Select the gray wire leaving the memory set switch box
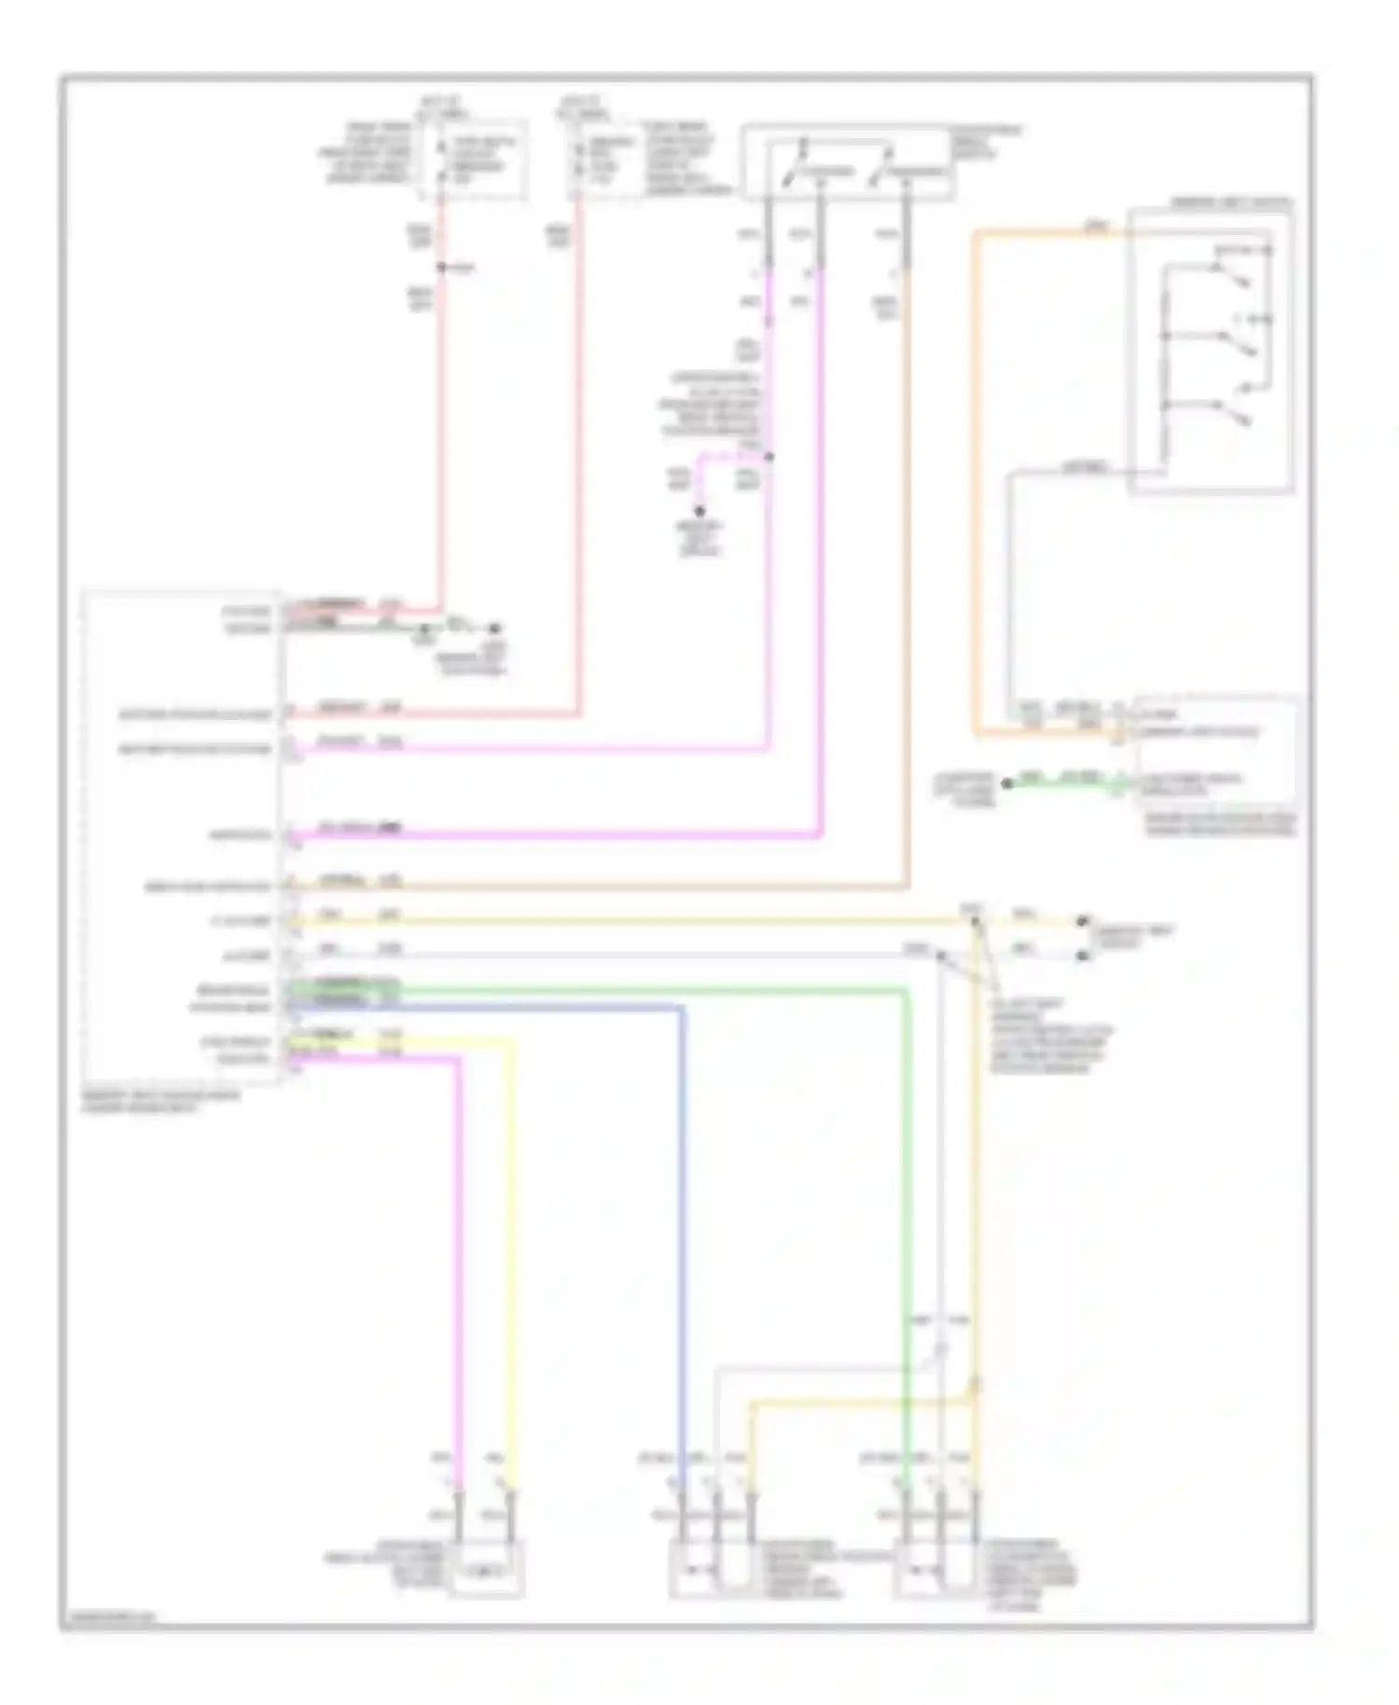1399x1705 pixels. pos(1073,473)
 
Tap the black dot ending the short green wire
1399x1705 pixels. pos(1007,783)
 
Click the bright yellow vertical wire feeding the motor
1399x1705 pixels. pos(511,1259)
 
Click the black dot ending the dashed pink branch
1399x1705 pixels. pos(699,511)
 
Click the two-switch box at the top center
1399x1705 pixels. pos(846,163)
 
